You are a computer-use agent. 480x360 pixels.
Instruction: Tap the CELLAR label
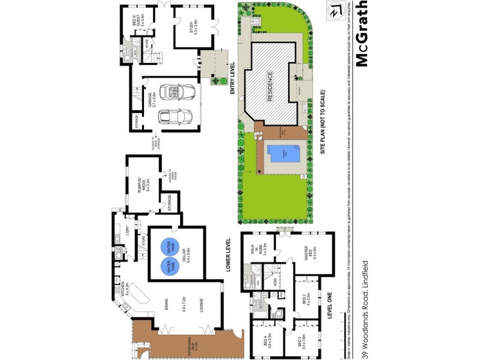point(188,255)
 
